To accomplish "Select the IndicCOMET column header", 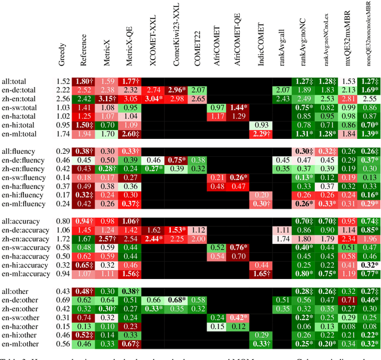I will coord(258,51).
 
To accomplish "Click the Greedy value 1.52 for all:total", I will coord(63,81).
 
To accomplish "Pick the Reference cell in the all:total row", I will coord(84,81).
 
